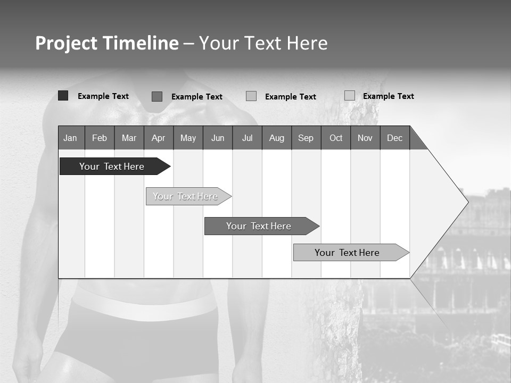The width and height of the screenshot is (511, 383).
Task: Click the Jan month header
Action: tap(70, 138)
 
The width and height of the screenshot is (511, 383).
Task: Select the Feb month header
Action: tap(100, 138)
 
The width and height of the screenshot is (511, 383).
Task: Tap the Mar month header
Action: tap(129, 138)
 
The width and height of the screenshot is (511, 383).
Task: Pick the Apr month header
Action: tap(158, 138)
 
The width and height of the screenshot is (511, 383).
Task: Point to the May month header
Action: tap(188, 138)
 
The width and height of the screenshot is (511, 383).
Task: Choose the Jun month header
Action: tap(218, 138)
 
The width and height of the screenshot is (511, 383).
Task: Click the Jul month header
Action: tap(247, 138)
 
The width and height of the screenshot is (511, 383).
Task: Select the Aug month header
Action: tap(276, 138)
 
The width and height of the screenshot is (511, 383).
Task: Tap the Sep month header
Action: tap(306, 138)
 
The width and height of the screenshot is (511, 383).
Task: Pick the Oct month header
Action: tap(336, 138)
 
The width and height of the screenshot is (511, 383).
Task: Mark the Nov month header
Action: tap(365, 138)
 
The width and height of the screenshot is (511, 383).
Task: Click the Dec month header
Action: tap(394, 138)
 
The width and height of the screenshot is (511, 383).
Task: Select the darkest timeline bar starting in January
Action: tap(112, 166)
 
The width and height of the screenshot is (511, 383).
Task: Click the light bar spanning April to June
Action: tap(185, 196)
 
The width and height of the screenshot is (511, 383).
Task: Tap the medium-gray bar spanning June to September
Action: tap(259, 226)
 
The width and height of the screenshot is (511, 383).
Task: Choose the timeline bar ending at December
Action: tap(347, 253)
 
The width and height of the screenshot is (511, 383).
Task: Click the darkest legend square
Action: tap(63, 96)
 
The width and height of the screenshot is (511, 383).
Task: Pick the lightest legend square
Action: tap(350, 95)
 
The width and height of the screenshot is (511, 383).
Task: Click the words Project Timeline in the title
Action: tap(106, 43)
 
